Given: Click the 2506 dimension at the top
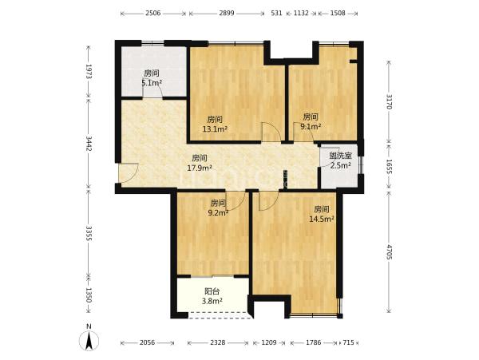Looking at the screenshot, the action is (x=152, y=13).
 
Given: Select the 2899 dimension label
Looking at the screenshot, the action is (x=227, y=13).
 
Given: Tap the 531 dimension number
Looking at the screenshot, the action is (x=276, y=13).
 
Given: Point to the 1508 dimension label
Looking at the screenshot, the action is (x=338, y=13).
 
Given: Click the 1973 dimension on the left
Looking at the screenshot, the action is (x=89, y=72).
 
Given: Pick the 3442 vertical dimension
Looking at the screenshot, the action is (x=89, y=144).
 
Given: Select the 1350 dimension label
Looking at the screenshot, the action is (x=89, y=295).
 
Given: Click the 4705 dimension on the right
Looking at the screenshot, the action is (x=389, y=251).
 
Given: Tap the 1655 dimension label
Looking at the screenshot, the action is (x=389, y=167).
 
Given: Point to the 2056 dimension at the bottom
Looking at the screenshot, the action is (x=147, y=342).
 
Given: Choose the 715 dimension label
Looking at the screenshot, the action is (x=348, y=342).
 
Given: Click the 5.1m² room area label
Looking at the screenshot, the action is (x=152, y=83).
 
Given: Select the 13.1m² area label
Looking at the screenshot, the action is (x=215, y=129).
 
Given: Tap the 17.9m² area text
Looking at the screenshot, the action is (x=200, y=168).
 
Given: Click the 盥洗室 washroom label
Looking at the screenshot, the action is (x=340, y=156).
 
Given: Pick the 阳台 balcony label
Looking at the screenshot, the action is (x=212, y=291).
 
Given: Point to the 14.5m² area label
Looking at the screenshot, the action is (x=322, y=219).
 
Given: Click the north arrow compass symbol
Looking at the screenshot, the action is (x=89, y=339).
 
